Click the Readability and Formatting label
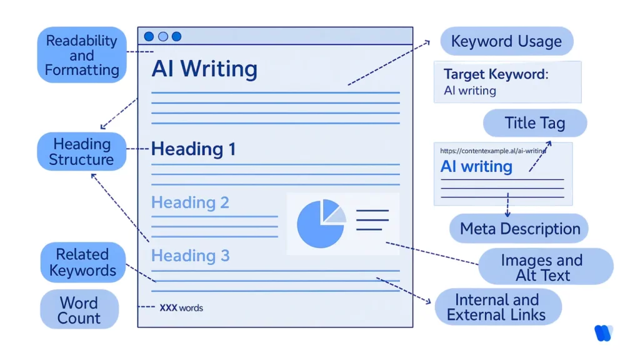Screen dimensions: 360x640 (x=82, y=55)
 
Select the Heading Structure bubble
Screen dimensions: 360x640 (x=81, y=152)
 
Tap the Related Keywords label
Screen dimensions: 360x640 (x=82, y=262)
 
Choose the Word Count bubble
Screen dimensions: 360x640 (x=79, y=310)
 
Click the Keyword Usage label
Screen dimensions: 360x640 (x=506, y=42)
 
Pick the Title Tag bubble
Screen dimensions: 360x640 (x=534, y=123)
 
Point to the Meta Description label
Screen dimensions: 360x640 (x=519, y=229)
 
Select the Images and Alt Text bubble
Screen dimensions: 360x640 (x=541, y=267)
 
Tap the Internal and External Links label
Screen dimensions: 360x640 (x=497, y=307)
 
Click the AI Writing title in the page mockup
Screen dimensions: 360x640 (x=204, y=69)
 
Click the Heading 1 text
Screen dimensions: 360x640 (x=194, y=149)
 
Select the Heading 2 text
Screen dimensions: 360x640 (x=190, y=202)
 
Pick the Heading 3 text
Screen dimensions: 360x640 (x=190, y=256)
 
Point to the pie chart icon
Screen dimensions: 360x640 (x=321, y=224)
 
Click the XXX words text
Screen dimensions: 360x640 (x=181, y=307)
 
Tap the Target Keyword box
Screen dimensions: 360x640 (x=507, y=82)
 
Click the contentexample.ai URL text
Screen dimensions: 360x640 (x=492, y=151)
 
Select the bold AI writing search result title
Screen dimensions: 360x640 (x=476, y=167)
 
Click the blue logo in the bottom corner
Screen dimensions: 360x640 (x=602, y=333)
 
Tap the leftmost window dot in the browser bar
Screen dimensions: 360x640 (x=149, y=36)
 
